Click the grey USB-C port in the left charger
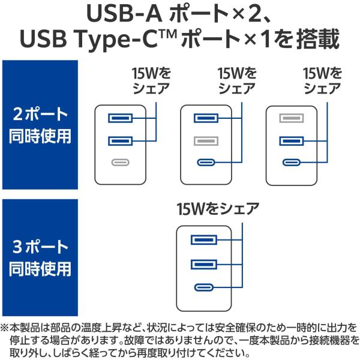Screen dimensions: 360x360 [121, 163]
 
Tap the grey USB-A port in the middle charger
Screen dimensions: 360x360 [206, 141]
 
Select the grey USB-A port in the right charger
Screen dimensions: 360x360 [292, 118]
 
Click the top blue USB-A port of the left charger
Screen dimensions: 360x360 [121, 118]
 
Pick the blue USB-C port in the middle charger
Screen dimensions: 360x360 [206, 163]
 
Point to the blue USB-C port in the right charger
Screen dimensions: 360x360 [292, 163]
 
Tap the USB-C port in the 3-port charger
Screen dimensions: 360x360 [204, 287]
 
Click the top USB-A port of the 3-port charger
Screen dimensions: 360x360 [204, 240]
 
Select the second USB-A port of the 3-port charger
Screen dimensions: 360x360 [204, 265]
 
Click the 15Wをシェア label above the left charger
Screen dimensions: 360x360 [152, 81]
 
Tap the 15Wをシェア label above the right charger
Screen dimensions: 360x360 [322, 81]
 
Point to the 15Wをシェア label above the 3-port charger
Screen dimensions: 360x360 [218, 209]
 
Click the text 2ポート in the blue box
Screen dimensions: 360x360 [40, 114]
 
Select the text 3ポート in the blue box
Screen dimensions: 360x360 [40, 247]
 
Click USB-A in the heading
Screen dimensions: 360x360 [124, 14]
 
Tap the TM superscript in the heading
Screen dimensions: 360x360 [168, 34]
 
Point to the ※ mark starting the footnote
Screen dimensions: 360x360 [4, 328]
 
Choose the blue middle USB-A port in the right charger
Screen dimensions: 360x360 [292, 141]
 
